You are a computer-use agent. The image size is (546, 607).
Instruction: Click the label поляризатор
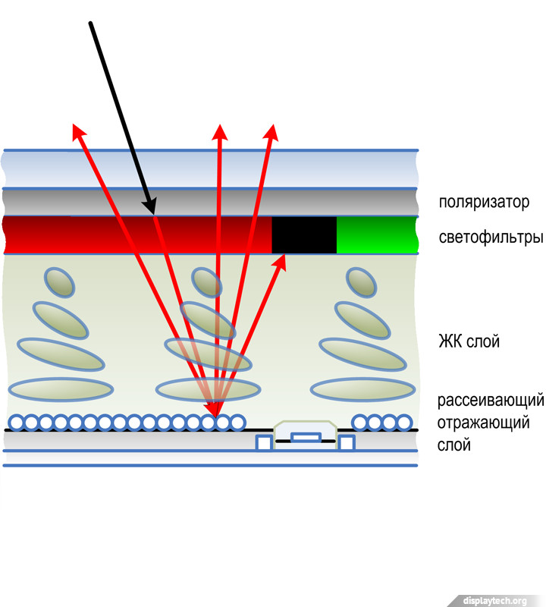tap(483, 203)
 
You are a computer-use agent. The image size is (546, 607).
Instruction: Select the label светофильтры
tap(491, 237)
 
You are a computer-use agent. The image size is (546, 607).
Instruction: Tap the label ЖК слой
tap(469, 341)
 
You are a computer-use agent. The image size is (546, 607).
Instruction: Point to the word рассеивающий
tap(491, 401)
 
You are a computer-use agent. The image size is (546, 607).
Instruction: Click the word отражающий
tap(483, 423)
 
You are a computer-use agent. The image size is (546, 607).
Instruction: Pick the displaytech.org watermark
tap(494, 600)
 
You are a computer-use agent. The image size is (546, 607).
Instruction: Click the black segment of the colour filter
tap(304, 235)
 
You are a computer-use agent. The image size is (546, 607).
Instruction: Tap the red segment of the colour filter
tap(136, 235)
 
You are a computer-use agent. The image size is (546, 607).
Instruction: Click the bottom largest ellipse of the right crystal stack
tap(362, 389)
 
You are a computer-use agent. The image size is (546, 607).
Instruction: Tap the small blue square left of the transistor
tap(264, 442)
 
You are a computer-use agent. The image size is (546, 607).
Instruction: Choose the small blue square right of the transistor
tap(347, 442)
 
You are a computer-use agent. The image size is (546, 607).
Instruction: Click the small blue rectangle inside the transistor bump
tap(305, 437)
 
